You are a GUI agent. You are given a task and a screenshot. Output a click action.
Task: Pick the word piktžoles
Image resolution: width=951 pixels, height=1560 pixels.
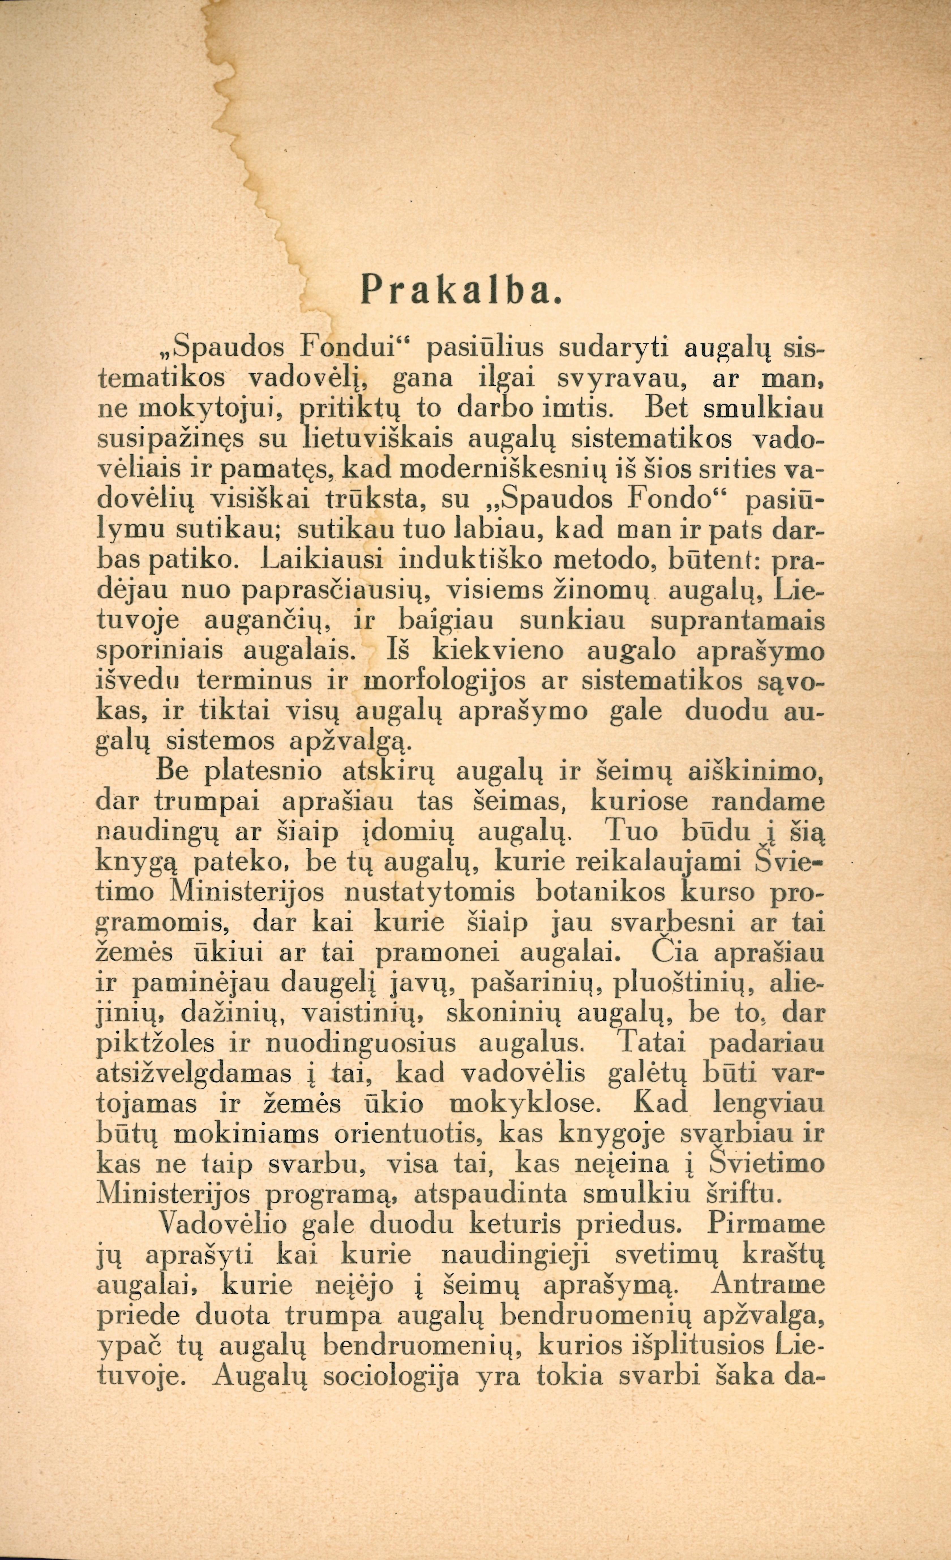tap(160, 1045)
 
